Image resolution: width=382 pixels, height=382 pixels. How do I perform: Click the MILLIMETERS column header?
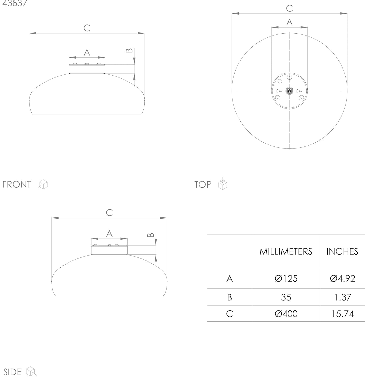286,252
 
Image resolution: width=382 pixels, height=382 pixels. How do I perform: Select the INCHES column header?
342,252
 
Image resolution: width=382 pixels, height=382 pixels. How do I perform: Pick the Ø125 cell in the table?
286,278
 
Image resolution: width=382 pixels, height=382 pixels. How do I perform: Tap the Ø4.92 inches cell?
343,278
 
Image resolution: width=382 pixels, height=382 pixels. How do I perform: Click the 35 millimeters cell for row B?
286,297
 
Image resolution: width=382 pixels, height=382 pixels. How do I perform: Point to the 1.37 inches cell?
343,297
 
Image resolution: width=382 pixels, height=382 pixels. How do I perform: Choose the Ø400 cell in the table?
286,314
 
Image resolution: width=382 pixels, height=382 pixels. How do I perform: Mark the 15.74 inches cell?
343,314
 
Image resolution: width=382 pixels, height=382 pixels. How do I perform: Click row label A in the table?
229,279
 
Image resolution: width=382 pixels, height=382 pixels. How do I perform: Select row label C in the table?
229,314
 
